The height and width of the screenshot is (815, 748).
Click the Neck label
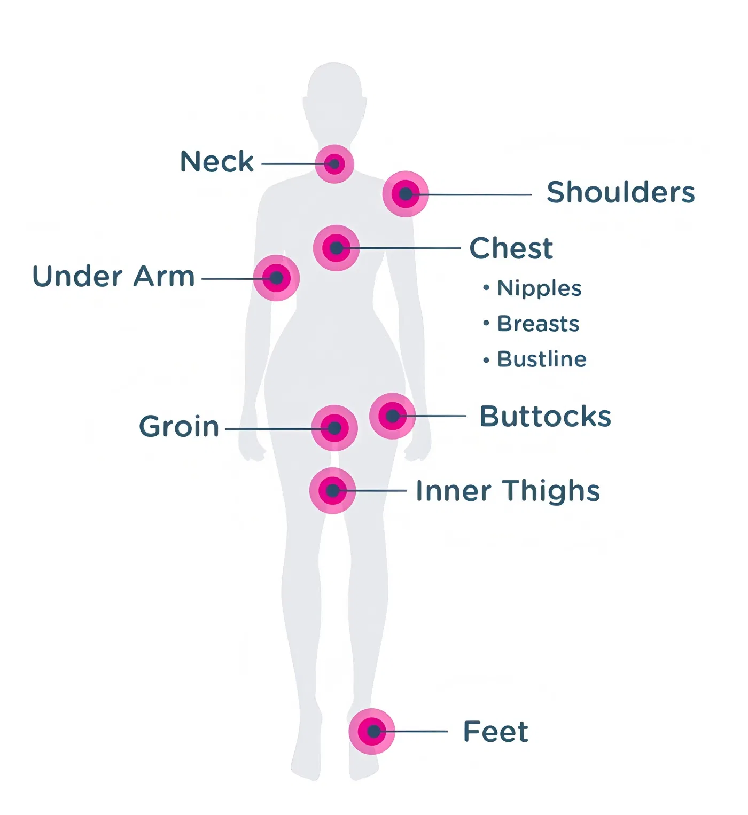pos(217,161)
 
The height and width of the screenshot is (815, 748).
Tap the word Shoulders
pos(621,192)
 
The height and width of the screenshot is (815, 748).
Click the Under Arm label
pos(113,276)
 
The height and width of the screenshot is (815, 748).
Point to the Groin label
pos(179,426)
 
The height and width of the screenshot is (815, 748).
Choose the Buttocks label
pos(545,416)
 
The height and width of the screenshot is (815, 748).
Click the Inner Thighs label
pos(508,491)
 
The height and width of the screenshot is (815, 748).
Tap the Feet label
pos(496,731)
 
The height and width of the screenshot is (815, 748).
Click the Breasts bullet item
pos(531,324)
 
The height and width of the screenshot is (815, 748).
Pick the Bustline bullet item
pos(535,359)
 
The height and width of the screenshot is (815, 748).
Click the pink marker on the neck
pos(334,164)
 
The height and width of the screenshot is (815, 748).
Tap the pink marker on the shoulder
pos(406,194)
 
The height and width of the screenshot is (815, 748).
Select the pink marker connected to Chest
pos(336,248)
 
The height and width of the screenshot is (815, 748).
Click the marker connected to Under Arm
pos(276,278)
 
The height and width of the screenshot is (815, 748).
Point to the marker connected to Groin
pos(334,428)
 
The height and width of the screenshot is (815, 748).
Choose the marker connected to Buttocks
pos(392,416)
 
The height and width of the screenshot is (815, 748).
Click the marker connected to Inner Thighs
pos(332,491)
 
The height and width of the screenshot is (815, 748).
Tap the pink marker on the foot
pos(372,732)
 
